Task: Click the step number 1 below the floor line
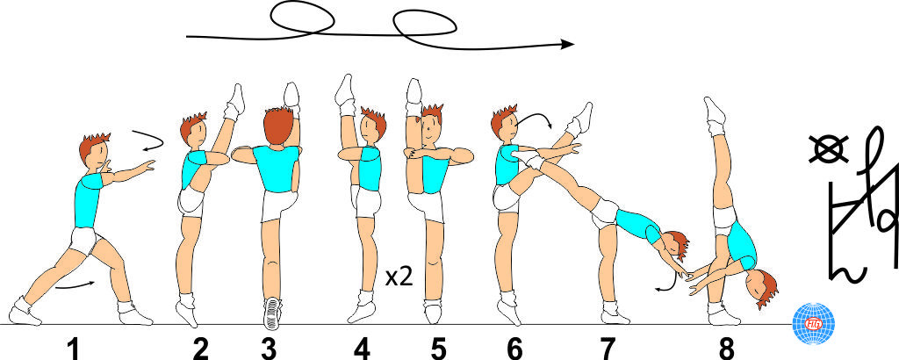coord(73,349)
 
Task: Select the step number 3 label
coord(268,349)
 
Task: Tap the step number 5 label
coord(439,349)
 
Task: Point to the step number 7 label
coord(608,349)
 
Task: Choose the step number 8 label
coord(726,349)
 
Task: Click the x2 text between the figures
coord(399,278)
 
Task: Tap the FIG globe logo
coord(813,323)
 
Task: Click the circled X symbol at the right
coord(829,149)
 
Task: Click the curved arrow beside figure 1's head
coord(150,140)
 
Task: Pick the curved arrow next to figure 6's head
coord(536,118)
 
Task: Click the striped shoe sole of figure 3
coord(272,313)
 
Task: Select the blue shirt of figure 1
coord(89,201)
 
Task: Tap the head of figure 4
coord(372,126)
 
